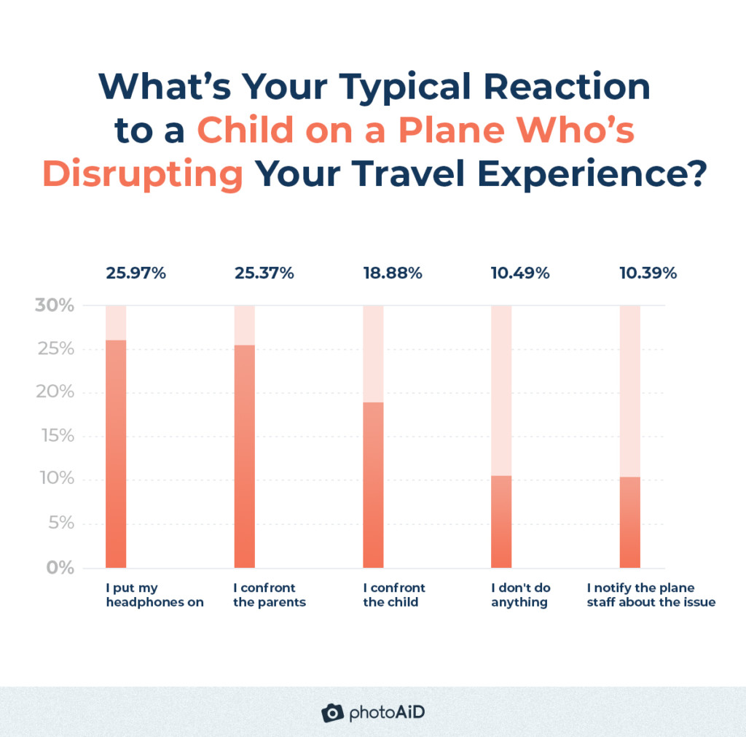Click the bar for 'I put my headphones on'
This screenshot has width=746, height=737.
pyautogui.click(x=116, y=453)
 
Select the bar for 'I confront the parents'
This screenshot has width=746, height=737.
pyautogui.click(x=244, y=456)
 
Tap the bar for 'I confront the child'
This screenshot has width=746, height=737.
pyautogui.click(x=373, y=485)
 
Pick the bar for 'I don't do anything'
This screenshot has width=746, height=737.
pyautogui.click(x=501, y=521)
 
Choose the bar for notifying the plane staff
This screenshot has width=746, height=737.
pyautogui.click(x=629, y=522)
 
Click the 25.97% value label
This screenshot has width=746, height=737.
pyautogui.click(x=136, y=273)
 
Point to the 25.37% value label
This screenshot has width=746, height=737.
pyautogui.click(x=264, y=273)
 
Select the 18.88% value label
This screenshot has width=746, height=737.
pyautogui.click(x=393, y=273)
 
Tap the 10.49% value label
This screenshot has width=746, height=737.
pyautogui.click(x=520, y=273)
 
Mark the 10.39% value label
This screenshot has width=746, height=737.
pyautogui.click(x=648, y=273)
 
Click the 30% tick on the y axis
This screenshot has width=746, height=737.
pyautogui.click(x=55, y=305)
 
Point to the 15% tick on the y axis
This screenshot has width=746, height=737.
pyautogui.click(x=56, y=436)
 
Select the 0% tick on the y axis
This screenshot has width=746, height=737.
pyautogui.click(x=60, y=567)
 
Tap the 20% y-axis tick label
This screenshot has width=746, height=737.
pyautogui.click(x=55, y=392)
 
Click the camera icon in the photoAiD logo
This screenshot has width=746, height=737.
pyautogui.click(x=332, y=712)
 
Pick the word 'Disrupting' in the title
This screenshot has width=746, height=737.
pyautogui.click(x=143, y=176)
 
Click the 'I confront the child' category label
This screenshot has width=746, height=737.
pyautogui.click(x=394, y=595)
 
